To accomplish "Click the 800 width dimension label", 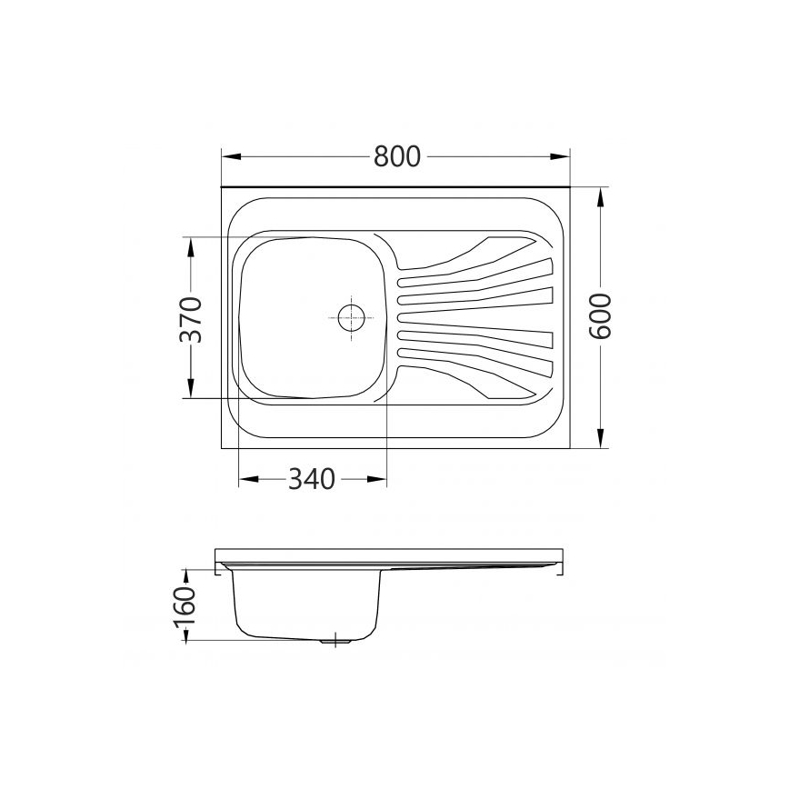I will pos(397,157).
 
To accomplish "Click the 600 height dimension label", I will pos(601,316).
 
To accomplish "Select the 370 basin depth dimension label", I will pos(190,318).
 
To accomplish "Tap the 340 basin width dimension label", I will pos(312,478).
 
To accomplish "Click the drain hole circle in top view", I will pos(351,317).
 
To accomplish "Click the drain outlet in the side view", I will pos(337,641).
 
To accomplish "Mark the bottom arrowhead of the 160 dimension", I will pos(185,635).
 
